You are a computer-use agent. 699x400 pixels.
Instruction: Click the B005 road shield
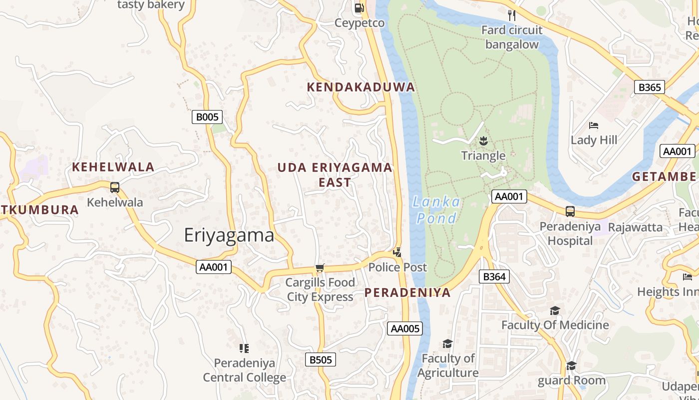(x=207, y=117)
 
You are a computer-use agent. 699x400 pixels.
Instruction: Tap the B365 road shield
(x=650, y=87)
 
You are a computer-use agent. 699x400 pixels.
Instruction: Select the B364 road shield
(x=494, y=276)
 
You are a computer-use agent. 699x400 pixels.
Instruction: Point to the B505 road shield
(x=320, y=359)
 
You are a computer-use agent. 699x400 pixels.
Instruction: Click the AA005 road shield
(x=405, y=328)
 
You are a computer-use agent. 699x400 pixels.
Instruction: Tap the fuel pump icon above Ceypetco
(x=359, y=8)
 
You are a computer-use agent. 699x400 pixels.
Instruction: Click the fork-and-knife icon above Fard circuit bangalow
(x=511, y=15)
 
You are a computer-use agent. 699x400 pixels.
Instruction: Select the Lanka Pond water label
(x=437, y=210)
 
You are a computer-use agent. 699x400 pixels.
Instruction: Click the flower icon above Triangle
(x=483, y=140)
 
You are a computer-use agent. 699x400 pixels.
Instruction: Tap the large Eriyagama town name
(x=229, y=235)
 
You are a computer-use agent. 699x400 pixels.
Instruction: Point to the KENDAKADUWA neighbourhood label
(x=360, y=87)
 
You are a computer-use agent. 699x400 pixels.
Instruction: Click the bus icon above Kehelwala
(x=115, y=187)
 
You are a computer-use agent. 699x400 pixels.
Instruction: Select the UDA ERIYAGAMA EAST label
(x=335, y=174)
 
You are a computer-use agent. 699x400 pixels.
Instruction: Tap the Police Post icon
(x=397, y=252)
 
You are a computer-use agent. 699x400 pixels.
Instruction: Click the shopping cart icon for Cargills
(x=320, y=268)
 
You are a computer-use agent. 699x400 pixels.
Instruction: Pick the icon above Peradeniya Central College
(x=244, y=348)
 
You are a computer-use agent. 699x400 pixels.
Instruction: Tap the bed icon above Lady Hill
(x=594, y=125)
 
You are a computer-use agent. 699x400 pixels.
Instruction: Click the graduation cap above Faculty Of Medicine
(x=555, y=311)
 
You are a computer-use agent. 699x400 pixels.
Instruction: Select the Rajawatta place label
(x=635, y=227)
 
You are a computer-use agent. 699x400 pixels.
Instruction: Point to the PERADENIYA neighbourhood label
(x=407, y=293)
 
